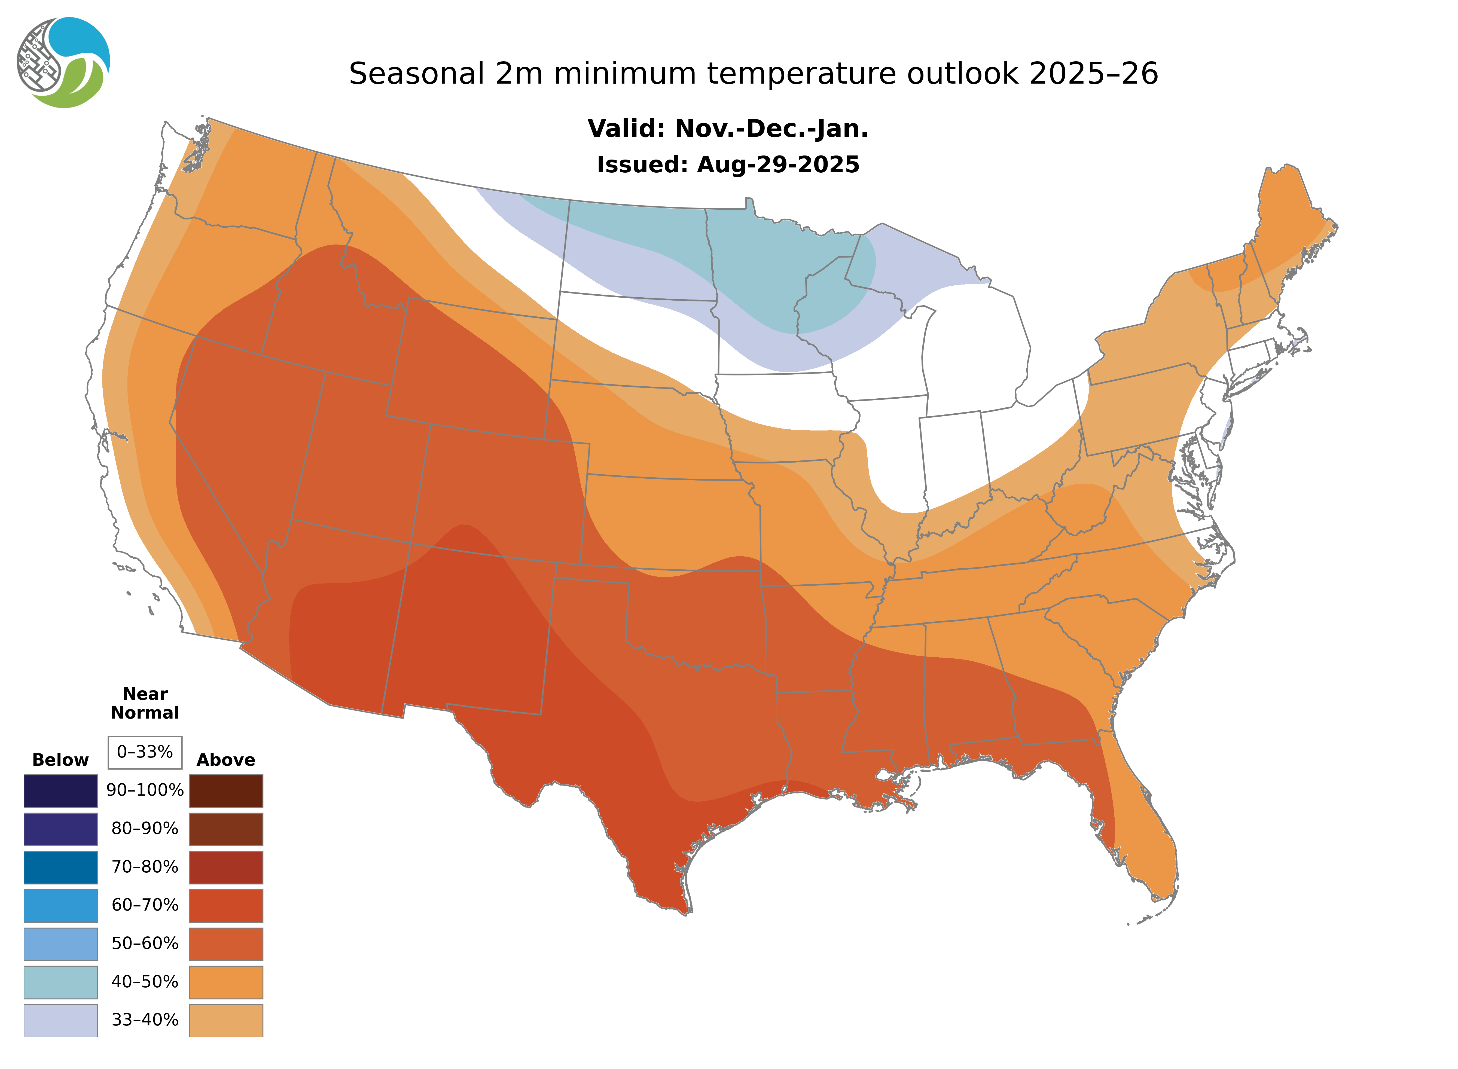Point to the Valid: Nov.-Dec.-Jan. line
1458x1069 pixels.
[x=727, y=129]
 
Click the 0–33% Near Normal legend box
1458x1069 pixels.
[x=145, y=752]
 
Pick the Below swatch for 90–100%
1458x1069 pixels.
[x=60, y=791]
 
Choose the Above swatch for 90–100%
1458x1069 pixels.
[x=226, y=791]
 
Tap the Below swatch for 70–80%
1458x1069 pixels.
[x=60, y=867]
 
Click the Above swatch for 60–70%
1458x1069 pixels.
[x=226, y=905]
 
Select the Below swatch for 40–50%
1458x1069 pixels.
[x=60, y=982]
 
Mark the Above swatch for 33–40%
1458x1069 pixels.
[x=226, y=1020]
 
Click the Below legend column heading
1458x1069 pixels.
[x=60, y=760]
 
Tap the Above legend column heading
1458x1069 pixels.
[x=226, y=760]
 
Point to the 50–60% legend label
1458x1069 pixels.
[x=145, y=943]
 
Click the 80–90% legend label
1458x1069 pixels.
[x=145, y=829]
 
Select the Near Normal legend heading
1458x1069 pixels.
[x=145, y=703]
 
